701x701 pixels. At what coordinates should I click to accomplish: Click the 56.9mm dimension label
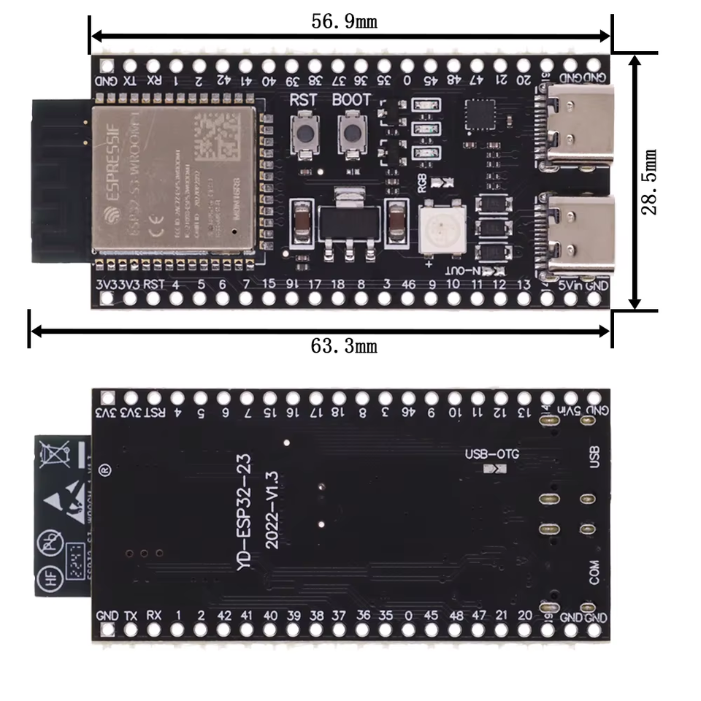coord(344,21)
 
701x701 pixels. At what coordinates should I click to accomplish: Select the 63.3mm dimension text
coord(344,345)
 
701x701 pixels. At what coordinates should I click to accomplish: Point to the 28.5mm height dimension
coord(649,182)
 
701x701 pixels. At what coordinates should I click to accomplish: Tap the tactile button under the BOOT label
coord(353,132)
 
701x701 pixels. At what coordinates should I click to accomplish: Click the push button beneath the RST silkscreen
coord(304,132)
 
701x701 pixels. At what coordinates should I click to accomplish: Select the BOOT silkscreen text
coord(352,99)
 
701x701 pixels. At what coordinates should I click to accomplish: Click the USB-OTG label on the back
coord(492,454)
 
